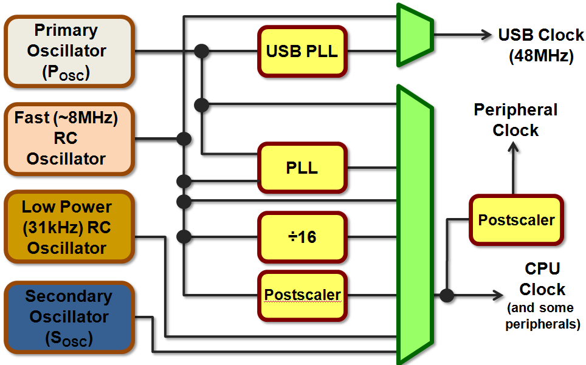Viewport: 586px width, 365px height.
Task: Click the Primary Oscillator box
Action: [x=68, y=52]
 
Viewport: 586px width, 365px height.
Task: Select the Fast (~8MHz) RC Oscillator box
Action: [x=68, y=138]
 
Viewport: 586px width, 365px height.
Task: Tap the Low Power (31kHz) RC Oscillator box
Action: [x=68, y=227]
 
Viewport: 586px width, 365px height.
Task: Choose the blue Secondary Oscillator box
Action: [x=68, y=317]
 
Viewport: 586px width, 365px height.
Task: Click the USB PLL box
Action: [x=302, y=51]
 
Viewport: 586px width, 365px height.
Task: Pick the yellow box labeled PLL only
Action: [x=302, y=168]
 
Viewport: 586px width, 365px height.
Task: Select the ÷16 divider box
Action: [x=302, y=236]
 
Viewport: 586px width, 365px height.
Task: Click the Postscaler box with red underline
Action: [x=302, y=295]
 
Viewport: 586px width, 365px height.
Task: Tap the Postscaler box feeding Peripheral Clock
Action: [x=515, y=220]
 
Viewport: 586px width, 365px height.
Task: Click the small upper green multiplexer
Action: [x=415, y=35]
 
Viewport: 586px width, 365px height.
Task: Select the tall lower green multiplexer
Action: [x=415, y=225]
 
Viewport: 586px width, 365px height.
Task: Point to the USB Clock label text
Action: [x=540, y=35]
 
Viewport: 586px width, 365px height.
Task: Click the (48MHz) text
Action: [x=540, y=56]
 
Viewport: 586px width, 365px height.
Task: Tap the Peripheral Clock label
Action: [x=515, y=120]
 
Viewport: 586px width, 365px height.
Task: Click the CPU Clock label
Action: [x=542, y=279]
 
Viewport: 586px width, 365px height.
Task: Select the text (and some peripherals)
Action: [x=542, y=316]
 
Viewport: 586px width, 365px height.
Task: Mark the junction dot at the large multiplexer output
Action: [x=447, y=296]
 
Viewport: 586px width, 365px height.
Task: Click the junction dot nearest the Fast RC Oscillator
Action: [x=181, y=139]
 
